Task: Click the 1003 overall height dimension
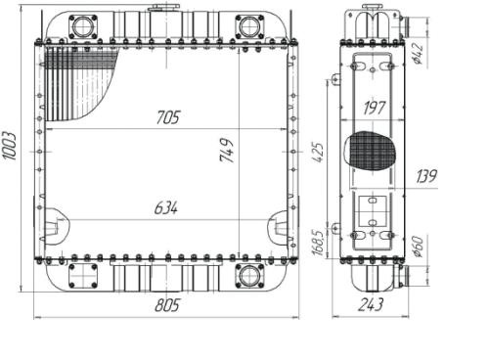click(9, 146)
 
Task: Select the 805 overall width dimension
click(167, 305)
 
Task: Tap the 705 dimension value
click(168, 117)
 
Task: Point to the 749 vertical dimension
click(227, 151)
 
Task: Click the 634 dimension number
click(166, 208)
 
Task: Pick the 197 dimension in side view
click(375, 108)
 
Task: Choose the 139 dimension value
click(426, 176)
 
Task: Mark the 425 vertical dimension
click(318, 153)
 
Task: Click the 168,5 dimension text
click(318, 243)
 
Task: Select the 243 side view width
click(371, 305)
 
